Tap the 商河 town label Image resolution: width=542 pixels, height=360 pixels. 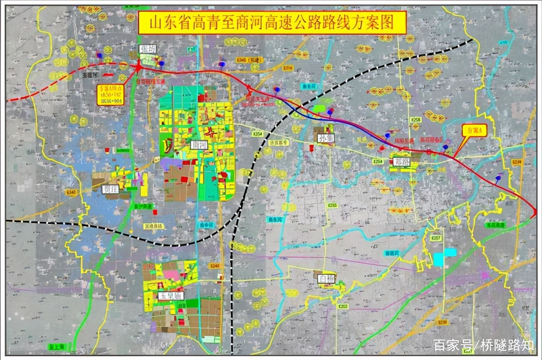pyautogui.click(x=199, y=145)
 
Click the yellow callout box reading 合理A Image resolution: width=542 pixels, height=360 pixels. pyautogui.click(x=474, y=130)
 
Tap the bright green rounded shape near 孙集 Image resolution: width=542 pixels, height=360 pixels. pyautogui.click(x=319, y=109)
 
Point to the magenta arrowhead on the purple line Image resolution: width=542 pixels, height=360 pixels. pyautogui.click(x=486, y=275)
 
